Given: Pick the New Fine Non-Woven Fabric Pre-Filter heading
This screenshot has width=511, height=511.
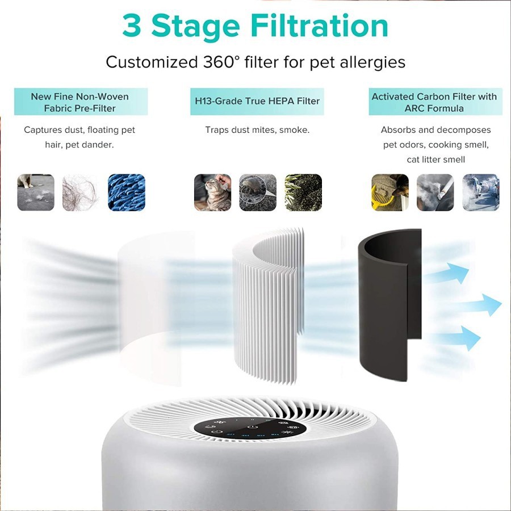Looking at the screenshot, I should pyautogui.click(x=80, y=102).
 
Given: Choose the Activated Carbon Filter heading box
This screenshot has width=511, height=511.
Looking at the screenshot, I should pyautogui.click(x=435, y=102).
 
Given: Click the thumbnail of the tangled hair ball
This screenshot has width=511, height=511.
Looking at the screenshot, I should pyautogui.click(x=81, y=192).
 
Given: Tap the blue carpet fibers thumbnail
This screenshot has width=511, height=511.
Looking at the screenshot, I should pyautogui.click(x=126, y=192).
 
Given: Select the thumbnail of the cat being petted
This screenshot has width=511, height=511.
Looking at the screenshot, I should pyautogui.click(x=212, y=192).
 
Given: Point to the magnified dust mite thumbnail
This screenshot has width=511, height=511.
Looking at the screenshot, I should pyautogui.click(x=257, y=192).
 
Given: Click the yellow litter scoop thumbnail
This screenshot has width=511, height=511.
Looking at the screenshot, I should pyautogui.click(x=389, y=192).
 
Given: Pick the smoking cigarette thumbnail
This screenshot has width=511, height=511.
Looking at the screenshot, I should pyautogui.click(x=435, y=192).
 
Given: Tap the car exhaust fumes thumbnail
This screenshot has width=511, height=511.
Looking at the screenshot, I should pyautogui.click(x=480, y=192).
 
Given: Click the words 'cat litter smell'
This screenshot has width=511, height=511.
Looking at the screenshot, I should pyautogui.click(x=435, y=160).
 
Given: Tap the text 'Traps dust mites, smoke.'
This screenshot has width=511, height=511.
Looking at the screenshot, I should pyautogui.click(x=257, y=130).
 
